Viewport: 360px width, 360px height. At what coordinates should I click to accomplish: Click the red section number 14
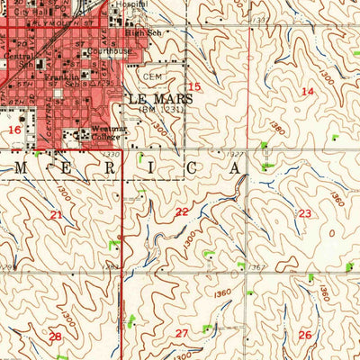tap(307, 92)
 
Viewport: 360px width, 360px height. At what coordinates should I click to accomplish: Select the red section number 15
tap(193, 87)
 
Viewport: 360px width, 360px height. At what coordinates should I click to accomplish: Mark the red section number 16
tap(13, 130)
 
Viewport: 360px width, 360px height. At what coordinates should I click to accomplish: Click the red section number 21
tap(57, 214)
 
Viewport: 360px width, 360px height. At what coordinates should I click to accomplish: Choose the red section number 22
tap(182, 211)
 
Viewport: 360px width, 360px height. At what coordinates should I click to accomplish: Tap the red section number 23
tap(305, 213)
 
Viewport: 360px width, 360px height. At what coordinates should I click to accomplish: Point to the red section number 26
tap(304, 335)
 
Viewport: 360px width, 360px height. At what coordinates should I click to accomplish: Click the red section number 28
tap(55, 336)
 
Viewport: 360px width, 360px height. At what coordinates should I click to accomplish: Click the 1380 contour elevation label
tap(277, 130)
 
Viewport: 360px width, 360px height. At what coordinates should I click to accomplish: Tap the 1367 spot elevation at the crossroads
tap(257, 267)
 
